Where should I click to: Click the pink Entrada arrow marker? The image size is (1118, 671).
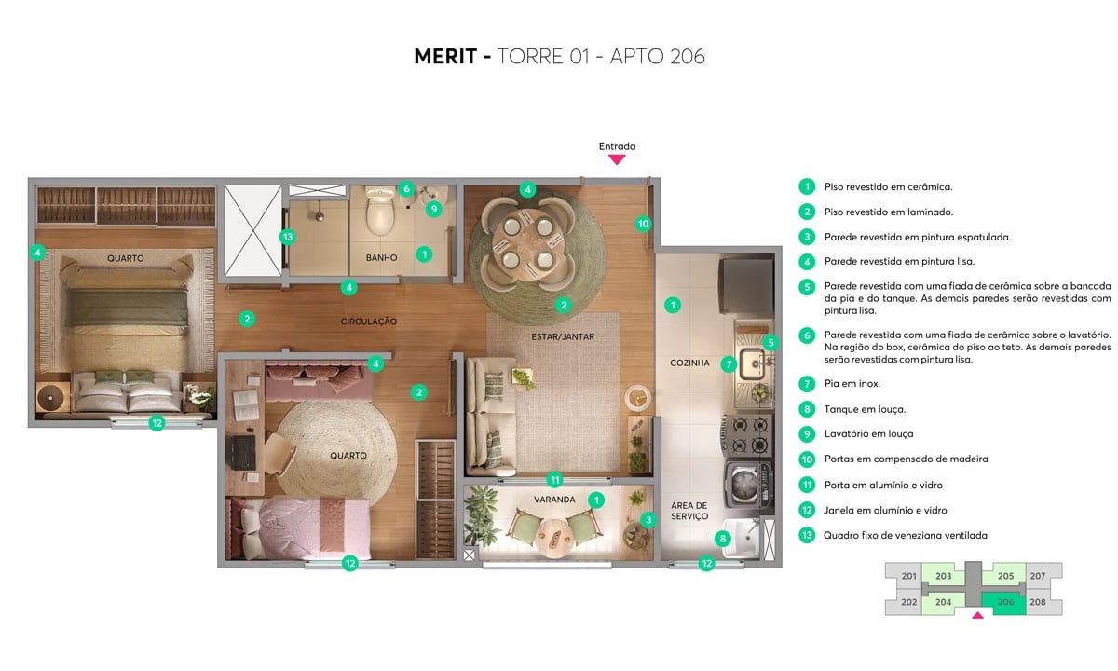[x=617, y=159]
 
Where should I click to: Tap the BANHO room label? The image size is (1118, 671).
[x=381, y=258]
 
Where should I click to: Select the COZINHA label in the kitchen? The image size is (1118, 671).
[x=689, y=363]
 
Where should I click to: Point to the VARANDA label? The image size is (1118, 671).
[x=553, y=500]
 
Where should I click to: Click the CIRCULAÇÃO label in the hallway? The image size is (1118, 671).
[x=369, y=322]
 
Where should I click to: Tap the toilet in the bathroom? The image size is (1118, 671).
[x=380, y=213]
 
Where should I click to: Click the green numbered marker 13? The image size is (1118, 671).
[x=288, y=237]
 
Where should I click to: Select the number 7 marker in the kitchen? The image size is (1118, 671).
[x=729, y=364]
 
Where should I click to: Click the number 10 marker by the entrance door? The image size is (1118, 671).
[x=643, y=224]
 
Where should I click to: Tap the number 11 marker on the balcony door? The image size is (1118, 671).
[x=554, y=481]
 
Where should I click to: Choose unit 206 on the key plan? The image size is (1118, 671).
[x=1006, y=602]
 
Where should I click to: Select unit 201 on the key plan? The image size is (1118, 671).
[x=909, y=576]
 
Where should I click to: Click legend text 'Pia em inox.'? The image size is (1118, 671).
[x=852, y=383]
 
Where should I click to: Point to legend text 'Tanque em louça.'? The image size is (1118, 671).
[x=865, y=409]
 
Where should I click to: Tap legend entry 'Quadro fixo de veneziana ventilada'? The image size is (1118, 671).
[x=906, y=536]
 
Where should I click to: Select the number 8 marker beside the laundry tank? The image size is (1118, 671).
[x=723, y=538]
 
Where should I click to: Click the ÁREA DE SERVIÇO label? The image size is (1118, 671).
[x=689, y=510]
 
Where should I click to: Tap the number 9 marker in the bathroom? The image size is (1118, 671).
[x=433, y=209]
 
